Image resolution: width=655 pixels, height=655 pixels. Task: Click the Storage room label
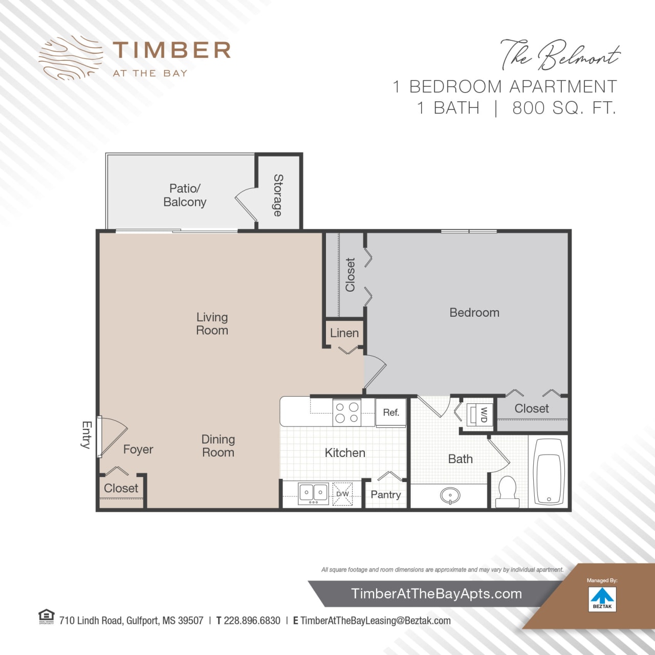pos(278,195)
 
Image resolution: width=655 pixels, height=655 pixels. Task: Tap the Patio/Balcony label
pos(185,195)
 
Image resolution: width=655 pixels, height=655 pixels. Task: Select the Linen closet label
pos(344,333)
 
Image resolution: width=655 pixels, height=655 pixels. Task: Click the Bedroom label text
pos(474,313)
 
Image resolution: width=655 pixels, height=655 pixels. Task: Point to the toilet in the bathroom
pos(508,491)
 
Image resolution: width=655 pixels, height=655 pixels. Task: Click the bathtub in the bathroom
pos(549,472)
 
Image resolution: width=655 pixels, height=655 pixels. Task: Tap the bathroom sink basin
pos(450,495)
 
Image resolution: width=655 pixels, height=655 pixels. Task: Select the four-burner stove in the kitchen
pos(346,412)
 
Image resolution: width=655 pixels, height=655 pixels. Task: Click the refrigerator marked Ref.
pos(391,412)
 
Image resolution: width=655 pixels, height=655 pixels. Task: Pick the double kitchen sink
pos(313,493)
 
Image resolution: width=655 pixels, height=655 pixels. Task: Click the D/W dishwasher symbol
pos(342,494)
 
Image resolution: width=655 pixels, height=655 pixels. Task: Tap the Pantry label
pos(385,495)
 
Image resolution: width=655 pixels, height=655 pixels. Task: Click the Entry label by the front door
pos(86,435)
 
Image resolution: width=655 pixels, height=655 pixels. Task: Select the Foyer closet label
pos(121,489)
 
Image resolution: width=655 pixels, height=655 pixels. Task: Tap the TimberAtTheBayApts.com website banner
pos(436,594)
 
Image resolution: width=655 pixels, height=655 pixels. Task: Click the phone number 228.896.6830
pos(252,621)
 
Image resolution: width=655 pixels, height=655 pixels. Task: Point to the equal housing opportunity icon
pos(47,617)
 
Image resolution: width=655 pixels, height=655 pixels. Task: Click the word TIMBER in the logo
pos(172,51)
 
